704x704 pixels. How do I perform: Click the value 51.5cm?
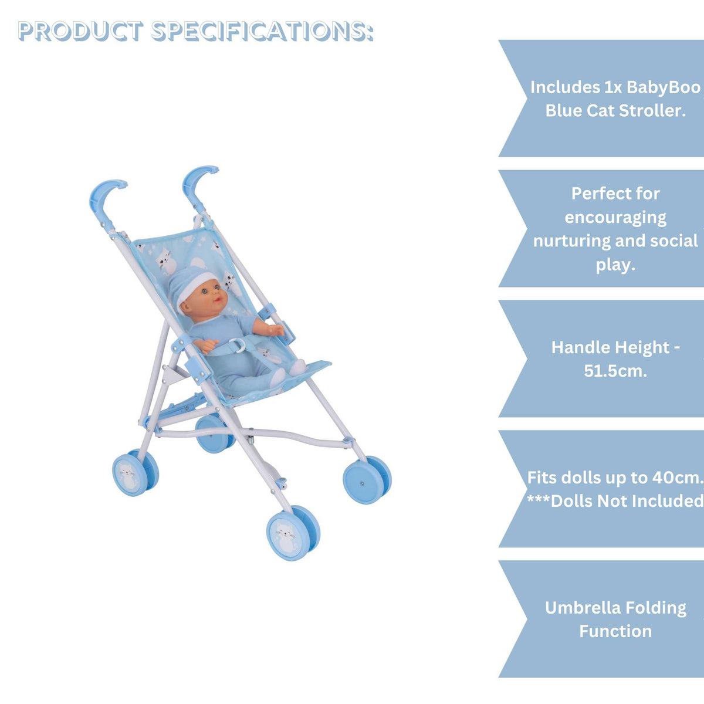tap(615, 371)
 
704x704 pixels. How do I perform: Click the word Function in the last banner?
tap(615, 631)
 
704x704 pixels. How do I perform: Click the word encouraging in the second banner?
tap(615, 217)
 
